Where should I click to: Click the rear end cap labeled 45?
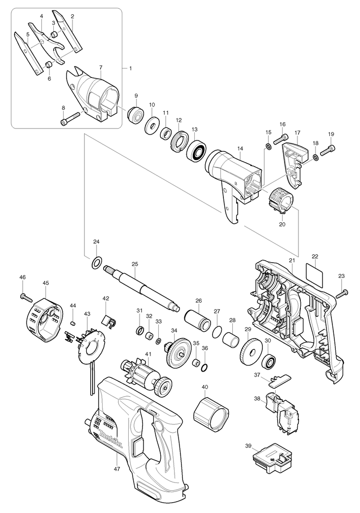[44, 315]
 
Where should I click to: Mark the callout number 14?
[240, 148]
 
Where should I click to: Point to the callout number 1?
[130, 68]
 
